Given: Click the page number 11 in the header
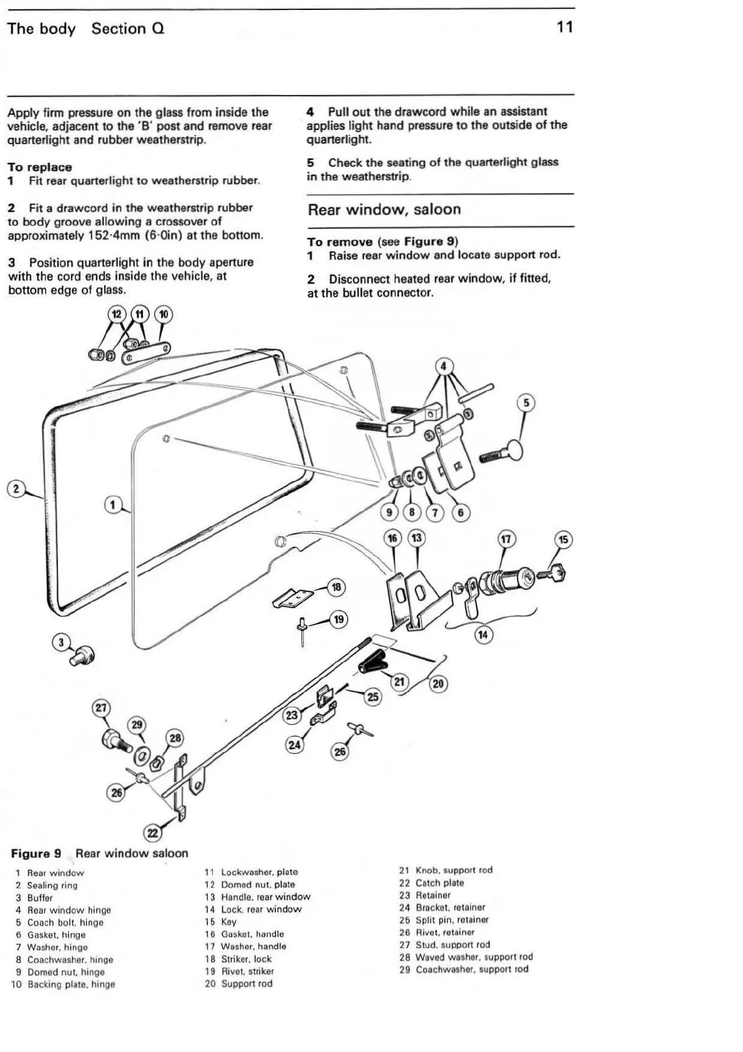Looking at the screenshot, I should [x=564, y=27].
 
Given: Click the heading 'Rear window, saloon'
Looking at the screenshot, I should [x=384, y=210].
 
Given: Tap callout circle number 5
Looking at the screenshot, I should [x=526, y=403].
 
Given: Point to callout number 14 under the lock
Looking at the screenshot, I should [x=483, y=636].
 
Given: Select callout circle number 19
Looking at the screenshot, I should [x=338, y=619].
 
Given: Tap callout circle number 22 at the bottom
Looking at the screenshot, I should [x=152, y=833].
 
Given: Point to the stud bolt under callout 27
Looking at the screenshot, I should [x=114, y=739].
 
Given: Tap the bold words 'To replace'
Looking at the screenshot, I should [x=39, y=167].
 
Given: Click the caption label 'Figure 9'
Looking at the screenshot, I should [x=36, y=853].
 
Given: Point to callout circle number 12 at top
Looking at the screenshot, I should [x=116, y=314].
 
